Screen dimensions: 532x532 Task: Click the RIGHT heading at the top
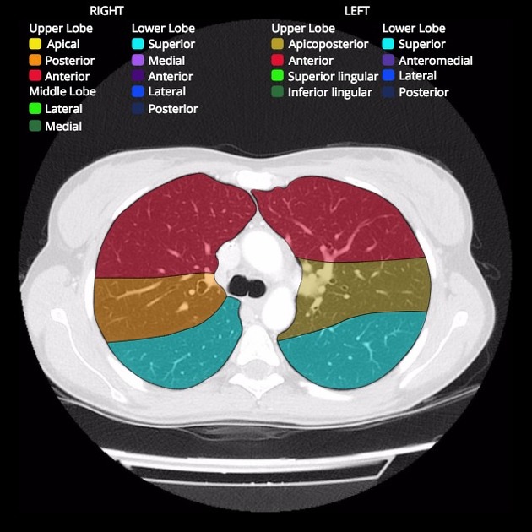106,11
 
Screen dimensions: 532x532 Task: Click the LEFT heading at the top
356,11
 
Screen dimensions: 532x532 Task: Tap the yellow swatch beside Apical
35,43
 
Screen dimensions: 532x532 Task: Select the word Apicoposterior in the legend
328,44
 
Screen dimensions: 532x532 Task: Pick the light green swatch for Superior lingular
277,75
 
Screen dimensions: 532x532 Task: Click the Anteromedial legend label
436,61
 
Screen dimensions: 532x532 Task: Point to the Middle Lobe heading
62,91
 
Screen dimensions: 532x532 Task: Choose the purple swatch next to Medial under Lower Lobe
138,60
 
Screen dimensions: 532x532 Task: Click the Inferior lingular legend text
330,92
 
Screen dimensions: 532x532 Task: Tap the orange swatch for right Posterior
35,60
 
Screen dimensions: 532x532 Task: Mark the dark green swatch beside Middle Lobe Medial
35,126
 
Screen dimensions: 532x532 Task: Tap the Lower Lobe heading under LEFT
414,28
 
